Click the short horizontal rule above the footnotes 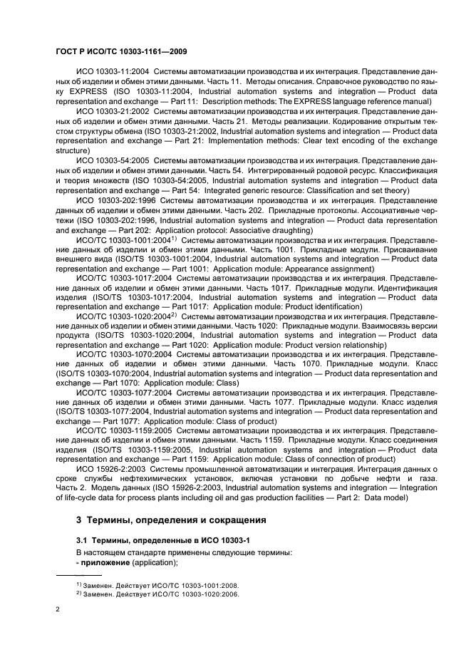(78, 574)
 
